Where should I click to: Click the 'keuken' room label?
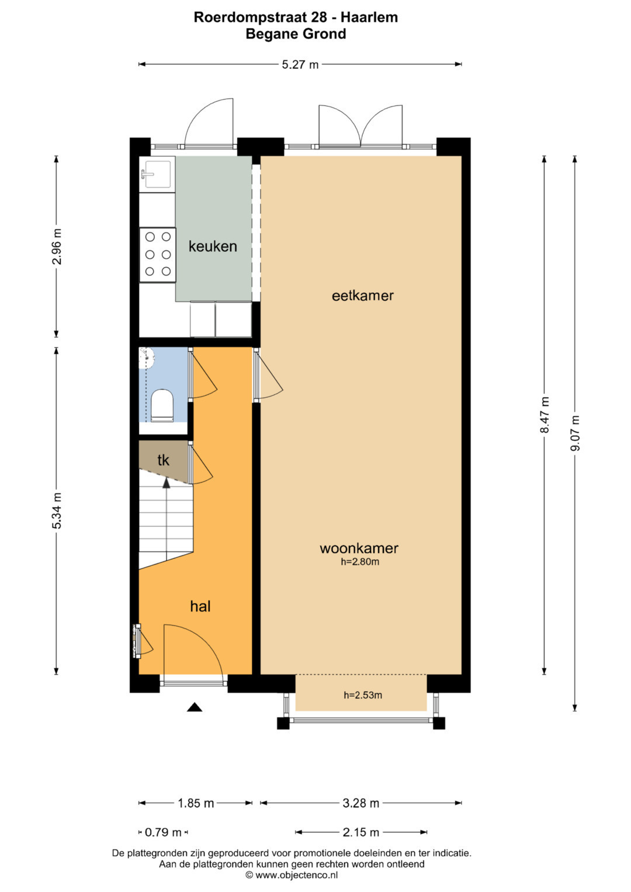(213, 246)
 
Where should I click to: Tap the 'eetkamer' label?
(362, 296)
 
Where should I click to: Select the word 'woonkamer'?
(359, 548)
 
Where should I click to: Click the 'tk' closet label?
(164, 460)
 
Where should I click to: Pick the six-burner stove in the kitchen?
(157, 255)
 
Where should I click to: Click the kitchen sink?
(157, 174)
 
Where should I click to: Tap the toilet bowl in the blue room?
(162, 405)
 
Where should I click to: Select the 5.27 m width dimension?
(300, 64)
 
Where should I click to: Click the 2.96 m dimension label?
(57, 247)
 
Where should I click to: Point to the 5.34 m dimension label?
(57, 511)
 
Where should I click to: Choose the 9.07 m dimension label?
(575, 433)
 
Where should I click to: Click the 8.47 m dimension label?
(545, 415)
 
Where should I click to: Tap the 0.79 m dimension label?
(163, 832)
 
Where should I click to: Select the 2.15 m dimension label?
(361, 832)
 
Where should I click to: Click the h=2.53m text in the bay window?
(363, 695)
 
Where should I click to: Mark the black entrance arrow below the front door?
(195, 707)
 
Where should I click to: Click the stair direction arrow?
(166, 483)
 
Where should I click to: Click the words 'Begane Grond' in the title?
(296, 34)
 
